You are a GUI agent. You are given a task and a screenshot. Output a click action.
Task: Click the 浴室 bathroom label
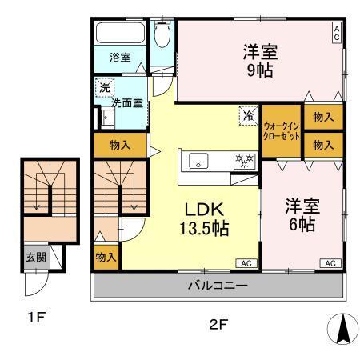(120, 58)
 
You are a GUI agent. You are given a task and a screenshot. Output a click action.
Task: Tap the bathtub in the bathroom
(120, 34)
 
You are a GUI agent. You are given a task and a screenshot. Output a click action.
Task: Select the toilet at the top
(162, 34)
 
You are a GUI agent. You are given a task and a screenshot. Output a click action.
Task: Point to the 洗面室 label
(127, 103)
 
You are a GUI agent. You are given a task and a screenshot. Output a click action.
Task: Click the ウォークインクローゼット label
(282, 131)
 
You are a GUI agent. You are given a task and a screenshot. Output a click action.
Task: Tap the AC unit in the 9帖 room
(337, 33)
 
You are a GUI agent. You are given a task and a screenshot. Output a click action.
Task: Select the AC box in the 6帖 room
(329, 262)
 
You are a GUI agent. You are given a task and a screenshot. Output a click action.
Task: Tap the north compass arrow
(340, 327)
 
